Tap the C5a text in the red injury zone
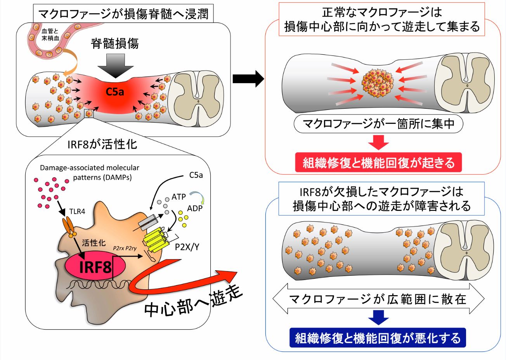point(115,92)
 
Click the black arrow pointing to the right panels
point(248,79)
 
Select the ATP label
point(178,197)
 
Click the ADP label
point(195,208)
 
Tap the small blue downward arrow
point(378,317)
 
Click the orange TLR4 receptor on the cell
point(71,227)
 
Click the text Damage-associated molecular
point(89,168)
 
